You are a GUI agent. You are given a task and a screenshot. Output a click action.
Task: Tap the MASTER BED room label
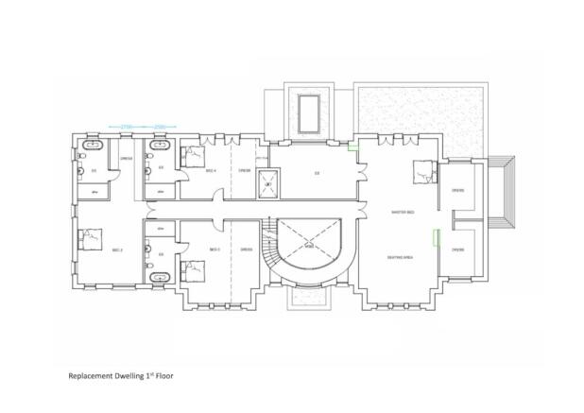(x=404, y=212)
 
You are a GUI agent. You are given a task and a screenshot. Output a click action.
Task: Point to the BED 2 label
(x=118, y=250)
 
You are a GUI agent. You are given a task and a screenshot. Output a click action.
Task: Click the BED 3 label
(x=214, y=250)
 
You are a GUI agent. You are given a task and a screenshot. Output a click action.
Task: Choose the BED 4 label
(x=212, y=171)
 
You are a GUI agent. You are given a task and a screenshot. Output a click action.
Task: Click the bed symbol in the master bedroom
(x=422, y=173)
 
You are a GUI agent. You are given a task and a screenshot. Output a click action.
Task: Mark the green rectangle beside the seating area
(x=436, y=239)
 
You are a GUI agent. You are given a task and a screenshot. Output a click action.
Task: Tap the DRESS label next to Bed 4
(x=244, y=171)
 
